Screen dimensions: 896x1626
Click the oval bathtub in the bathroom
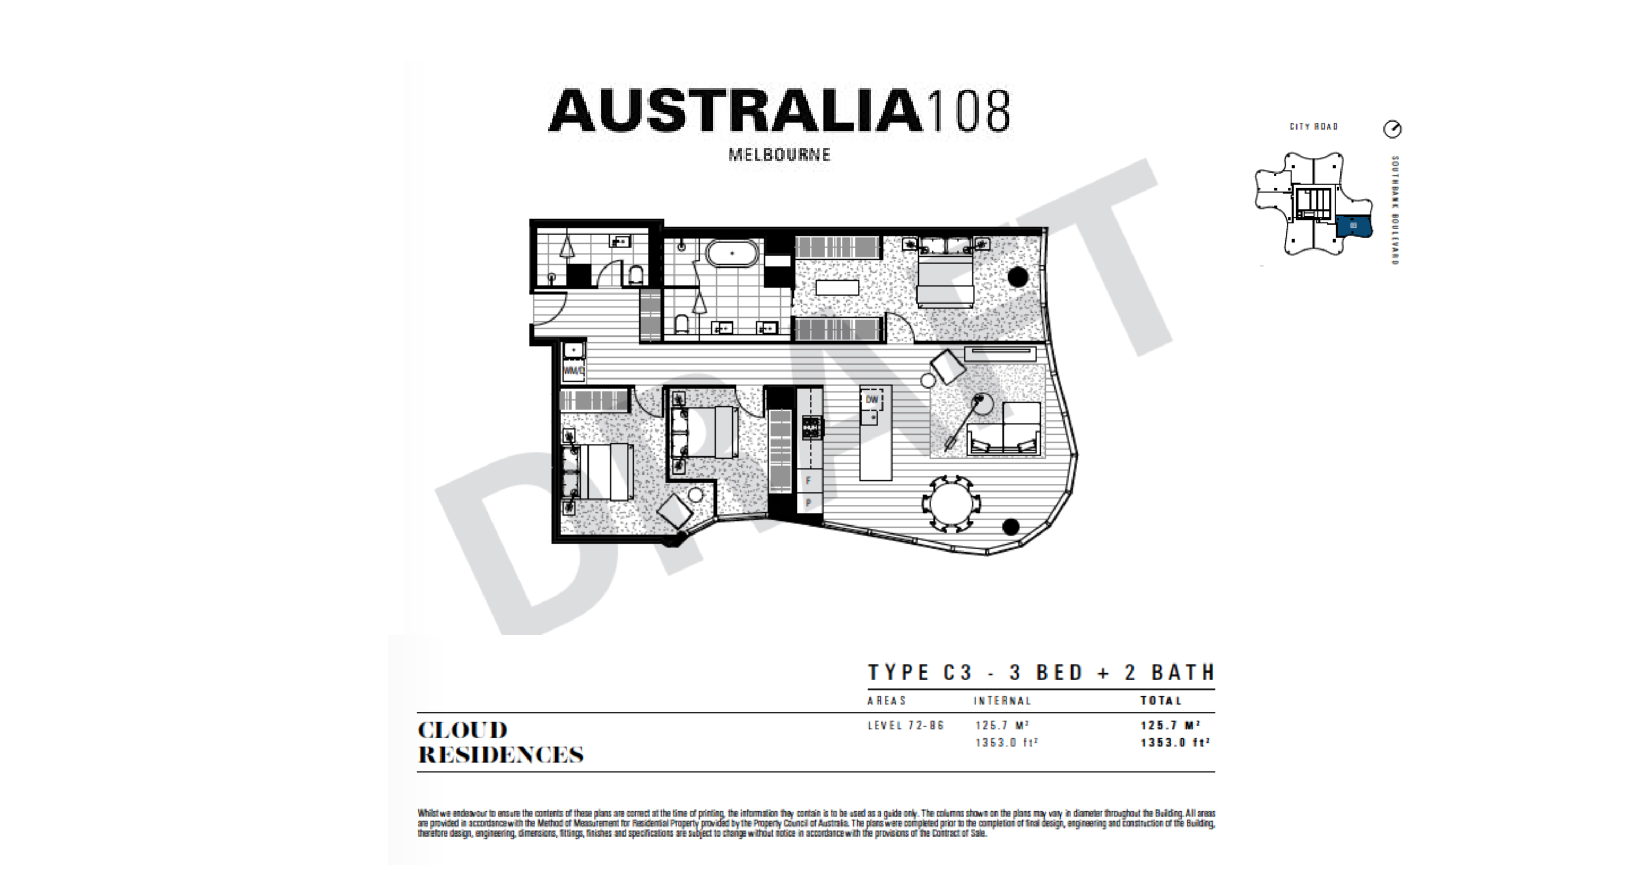(732, 254)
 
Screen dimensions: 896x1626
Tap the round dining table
(951, 503)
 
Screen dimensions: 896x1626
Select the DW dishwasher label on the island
(872, 400)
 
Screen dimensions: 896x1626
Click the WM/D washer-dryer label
(573, 371)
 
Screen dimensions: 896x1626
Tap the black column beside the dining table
(1010, 526)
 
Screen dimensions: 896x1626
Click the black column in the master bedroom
(1017, 276)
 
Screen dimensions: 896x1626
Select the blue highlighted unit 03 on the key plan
(1353, 226)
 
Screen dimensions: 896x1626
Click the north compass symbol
(1393, 129)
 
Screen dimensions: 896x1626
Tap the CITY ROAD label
(1313, 127)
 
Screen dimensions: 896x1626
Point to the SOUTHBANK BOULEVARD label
(1396, 210)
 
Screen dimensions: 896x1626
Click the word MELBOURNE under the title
(779, 154)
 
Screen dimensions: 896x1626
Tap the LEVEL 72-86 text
(906, 726)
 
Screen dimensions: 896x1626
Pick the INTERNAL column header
(1002, 701)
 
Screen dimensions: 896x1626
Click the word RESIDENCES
(500, 755)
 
